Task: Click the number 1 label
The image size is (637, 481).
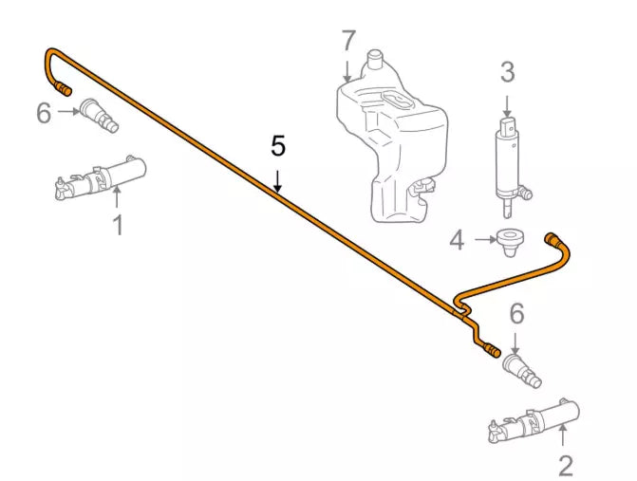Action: click(118, 225)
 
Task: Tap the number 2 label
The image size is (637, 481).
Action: click(566, 465)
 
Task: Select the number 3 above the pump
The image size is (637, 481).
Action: click(507, 72)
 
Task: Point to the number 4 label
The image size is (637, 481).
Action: click(458, 241)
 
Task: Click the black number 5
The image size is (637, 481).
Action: click(277, 145)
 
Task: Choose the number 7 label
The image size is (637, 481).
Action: click(348, 42)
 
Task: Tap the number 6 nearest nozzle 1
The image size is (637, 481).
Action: click(44, 113)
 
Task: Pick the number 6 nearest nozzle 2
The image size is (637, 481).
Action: click(516, 312)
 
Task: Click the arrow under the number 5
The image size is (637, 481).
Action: click(277, 179)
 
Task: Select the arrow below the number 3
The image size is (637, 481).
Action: click(507, 105)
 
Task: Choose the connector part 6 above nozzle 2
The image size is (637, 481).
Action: click(525, 369)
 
